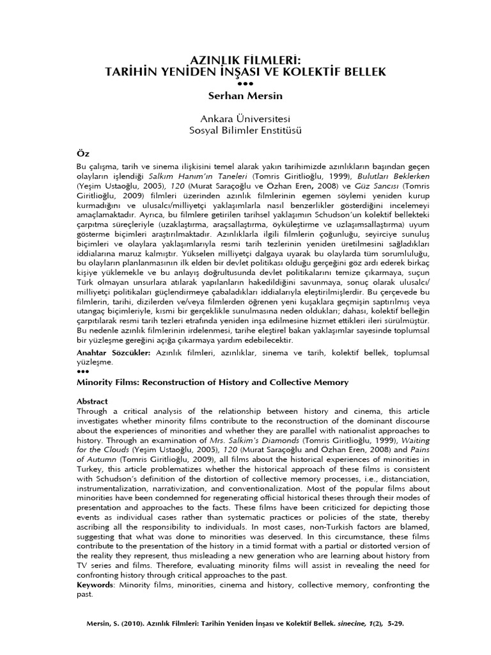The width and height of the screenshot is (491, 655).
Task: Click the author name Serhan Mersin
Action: click(245, 96)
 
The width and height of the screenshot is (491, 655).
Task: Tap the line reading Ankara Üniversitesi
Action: click(245, 119)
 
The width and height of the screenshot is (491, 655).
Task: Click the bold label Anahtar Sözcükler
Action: click(113, 352)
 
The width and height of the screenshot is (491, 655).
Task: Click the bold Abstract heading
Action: click(92, 401)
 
